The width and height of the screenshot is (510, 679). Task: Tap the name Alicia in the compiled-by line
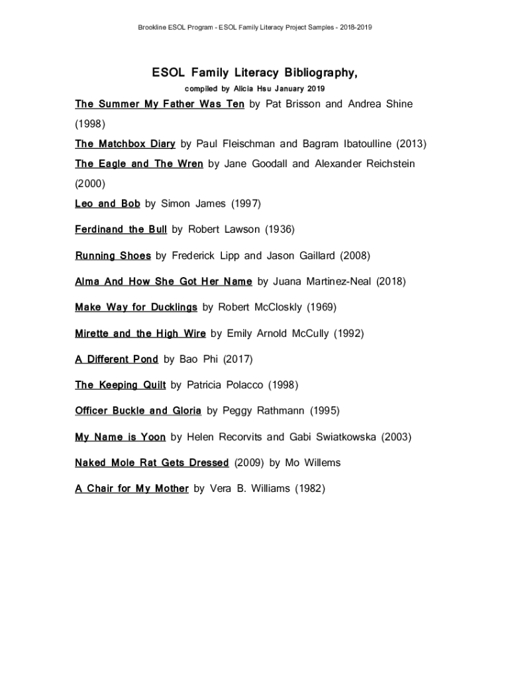[x=244, y=88]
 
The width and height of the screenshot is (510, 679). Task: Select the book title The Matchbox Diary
[x=125, y=144]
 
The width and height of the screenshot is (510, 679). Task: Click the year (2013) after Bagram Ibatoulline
[x=411, y=144]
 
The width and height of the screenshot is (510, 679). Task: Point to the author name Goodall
[x=270, y=164]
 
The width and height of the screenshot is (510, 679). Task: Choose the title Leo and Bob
[x=107, y=204]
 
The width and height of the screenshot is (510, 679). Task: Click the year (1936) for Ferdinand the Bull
[x=280, y=229]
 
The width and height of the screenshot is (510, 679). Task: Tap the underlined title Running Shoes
[x=113, y=255]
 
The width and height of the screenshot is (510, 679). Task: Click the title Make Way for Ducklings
[x=136, y=307]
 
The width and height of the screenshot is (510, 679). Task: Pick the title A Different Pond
[x=117, y=359]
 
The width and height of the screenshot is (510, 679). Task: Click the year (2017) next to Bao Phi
[x=238, y=359]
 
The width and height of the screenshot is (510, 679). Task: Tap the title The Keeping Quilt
[x=120, y=385]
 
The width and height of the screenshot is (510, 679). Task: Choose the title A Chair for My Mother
[x=132, y=489]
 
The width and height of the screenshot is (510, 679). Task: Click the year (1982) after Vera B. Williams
[x=309, y=489]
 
